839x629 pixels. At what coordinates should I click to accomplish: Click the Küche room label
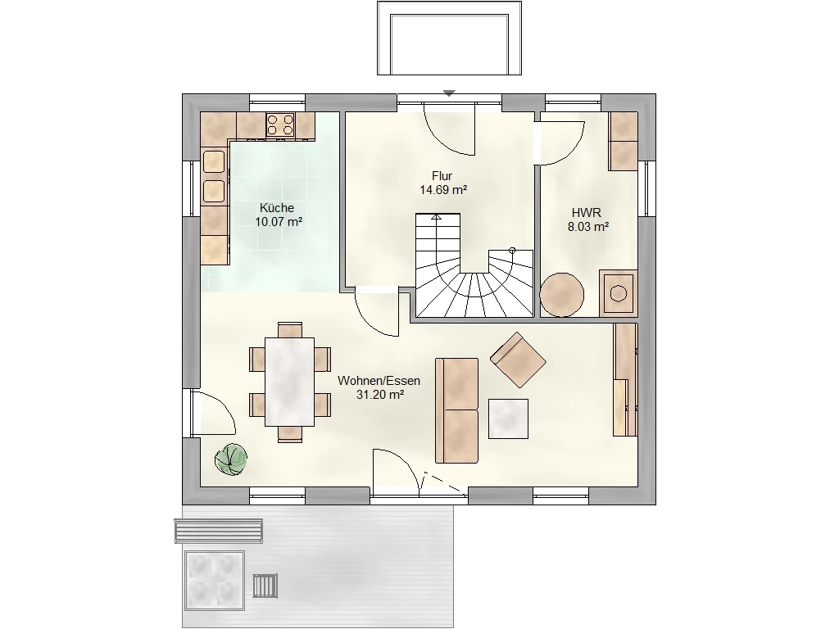[277, 208]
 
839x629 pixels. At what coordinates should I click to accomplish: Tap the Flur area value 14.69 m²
[443, 190]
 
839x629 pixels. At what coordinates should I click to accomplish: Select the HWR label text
[587, 213]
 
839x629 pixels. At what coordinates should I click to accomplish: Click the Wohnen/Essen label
[379, 381]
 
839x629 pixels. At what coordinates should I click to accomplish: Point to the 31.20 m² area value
[380, 395]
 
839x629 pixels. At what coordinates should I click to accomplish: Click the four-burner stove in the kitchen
[280, 125]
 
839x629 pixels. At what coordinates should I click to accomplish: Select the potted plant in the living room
[231, 459]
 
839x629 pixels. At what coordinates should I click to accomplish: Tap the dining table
[289, 382]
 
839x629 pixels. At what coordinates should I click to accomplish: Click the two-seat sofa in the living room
[457, 410]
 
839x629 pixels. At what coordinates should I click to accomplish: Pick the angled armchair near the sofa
[518, 360]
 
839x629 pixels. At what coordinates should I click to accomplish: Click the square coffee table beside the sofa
[508, 419]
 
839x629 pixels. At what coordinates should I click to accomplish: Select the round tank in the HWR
[562, 295]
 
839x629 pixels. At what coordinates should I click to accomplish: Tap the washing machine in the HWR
[618, 293]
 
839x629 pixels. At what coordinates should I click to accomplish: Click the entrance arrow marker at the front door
[449, 93]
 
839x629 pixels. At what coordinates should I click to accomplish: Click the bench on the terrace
[218, 531]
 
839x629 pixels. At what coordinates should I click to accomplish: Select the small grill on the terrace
[265, 586]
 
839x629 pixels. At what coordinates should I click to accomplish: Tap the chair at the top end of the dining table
[290, 329]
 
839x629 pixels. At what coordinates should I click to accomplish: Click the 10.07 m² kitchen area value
[279, 222]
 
